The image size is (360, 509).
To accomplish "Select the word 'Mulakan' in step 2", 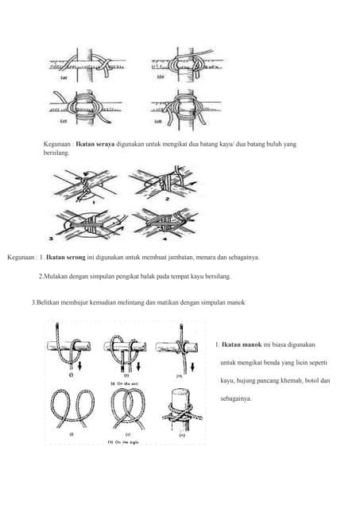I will click(x=56, y=276).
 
